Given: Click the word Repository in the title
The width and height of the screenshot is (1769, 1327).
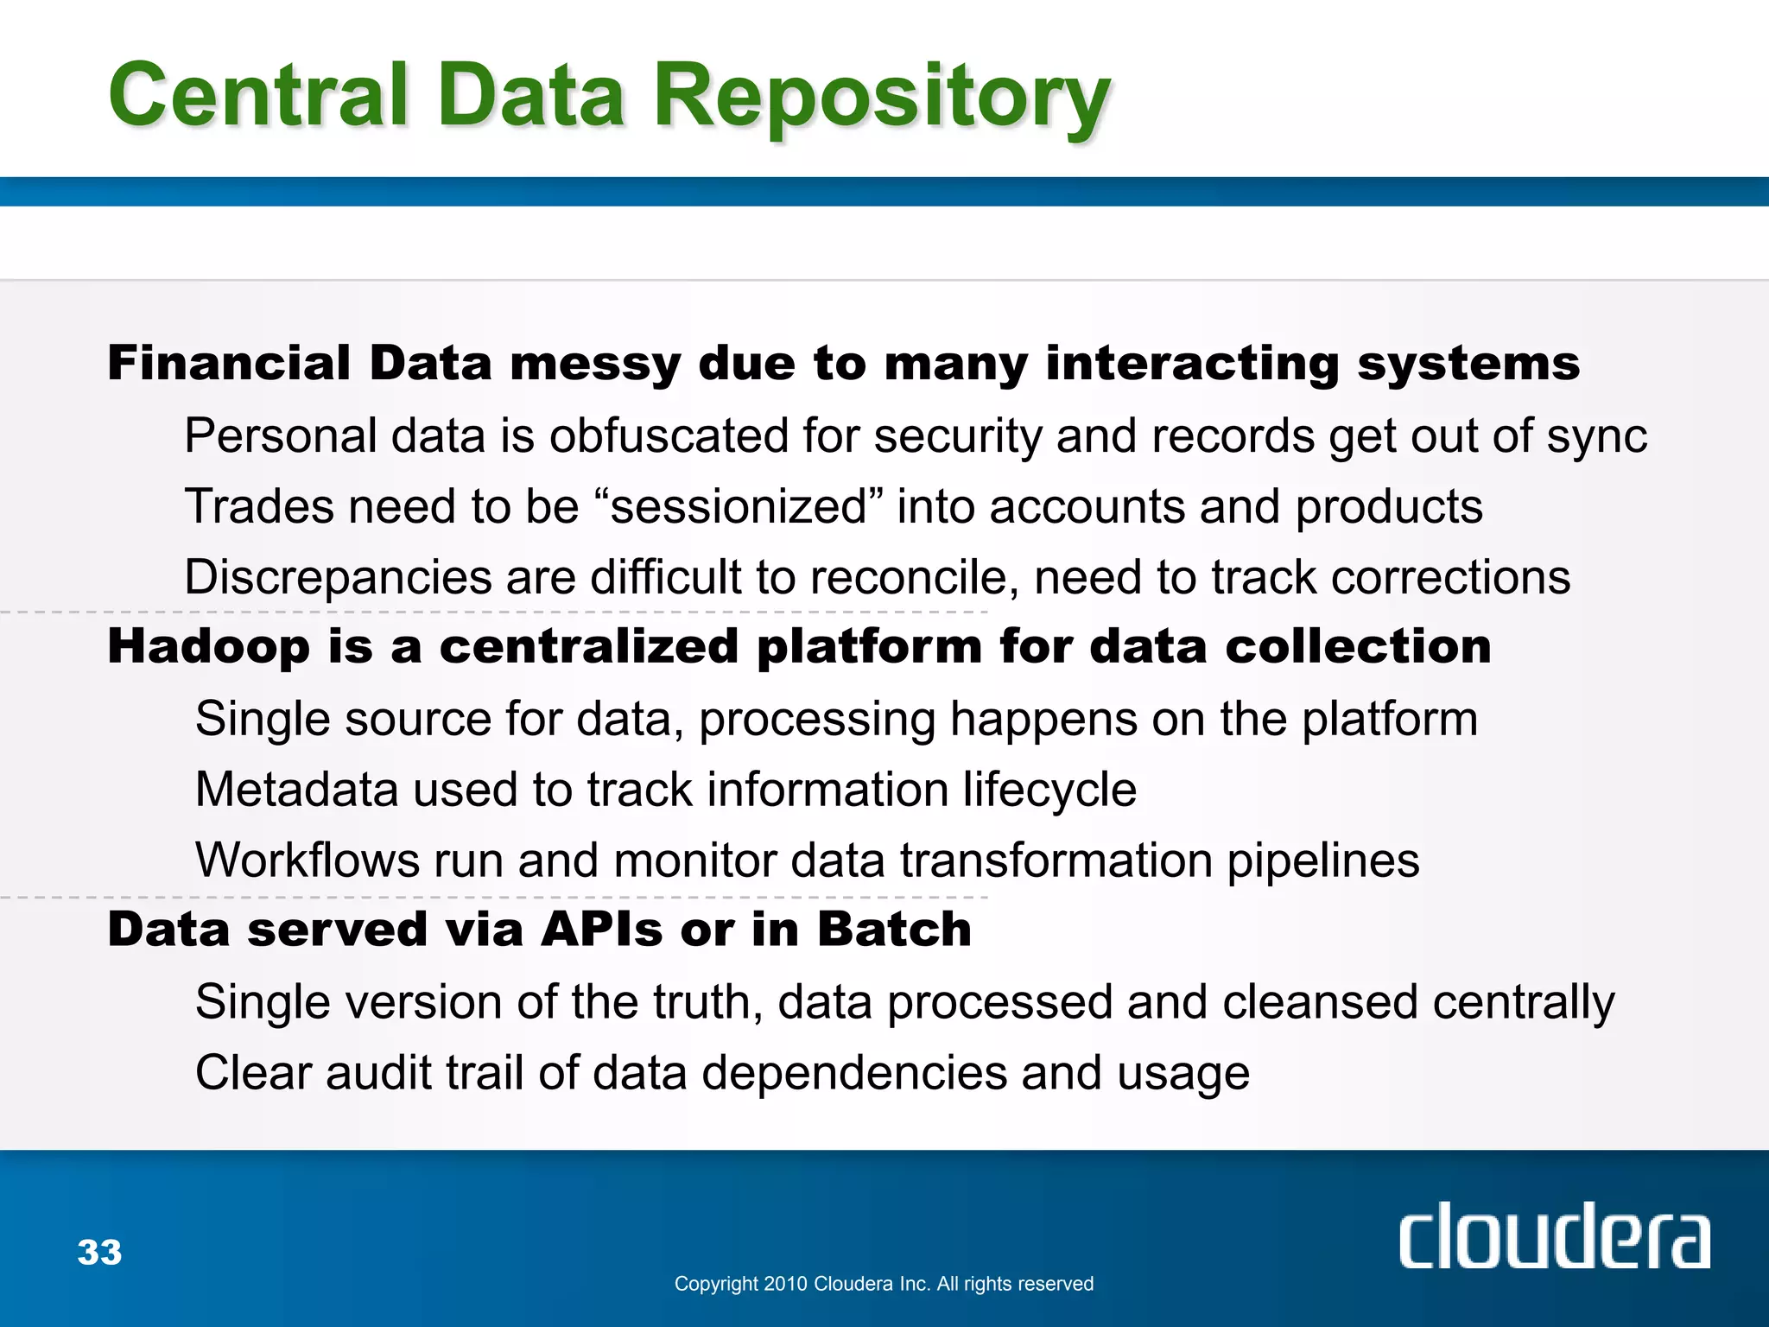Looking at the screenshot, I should (881, 97).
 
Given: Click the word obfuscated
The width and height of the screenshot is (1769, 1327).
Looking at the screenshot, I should (669, 435).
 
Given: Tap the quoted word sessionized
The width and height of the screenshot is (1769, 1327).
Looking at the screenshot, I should (739, 506).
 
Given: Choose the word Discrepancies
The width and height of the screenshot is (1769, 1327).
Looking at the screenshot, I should (338, 577).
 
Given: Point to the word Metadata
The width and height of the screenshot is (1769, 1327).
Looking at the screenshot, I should (296, 790).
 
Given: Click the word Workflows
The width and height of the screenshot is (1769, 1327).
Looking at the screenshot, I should (307, 860).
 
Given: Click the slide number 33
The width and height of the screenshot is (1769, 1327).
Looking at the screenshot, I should (99, 1252).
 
